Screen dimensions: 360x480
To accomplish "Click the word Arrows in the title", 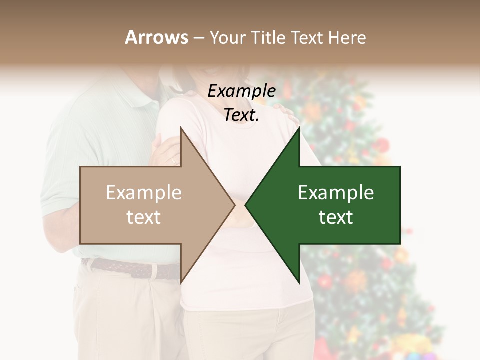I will coord(157,37).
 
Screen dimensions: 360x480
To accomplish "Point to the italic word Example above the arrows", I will coord(241,91).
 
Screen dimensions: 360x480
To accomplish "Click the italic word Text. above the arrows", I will coord(241,115).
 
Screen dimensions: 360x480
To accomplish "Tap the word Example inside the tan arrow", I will coord(143,193).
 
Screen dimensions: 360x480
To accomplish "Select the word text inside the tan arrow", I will coord(143,217).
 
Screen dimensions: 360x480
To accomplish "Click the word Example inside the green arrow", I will coord(336,193).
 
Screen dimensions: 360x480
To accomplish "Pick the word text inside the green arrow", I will coord(336,217).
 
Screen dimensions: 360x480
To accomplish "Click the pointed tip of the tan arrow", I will coord(234,205).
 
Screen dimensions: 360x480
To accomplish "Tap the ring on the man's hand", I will coord(173,160).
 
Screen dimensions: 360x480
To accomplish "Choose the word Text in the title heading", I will coord(306,37).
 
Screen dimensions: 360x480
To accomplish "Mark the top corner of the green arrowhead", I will coord(299,128).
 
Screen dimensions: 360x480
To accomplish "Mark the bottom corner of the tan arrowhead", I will coord(181,283).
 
